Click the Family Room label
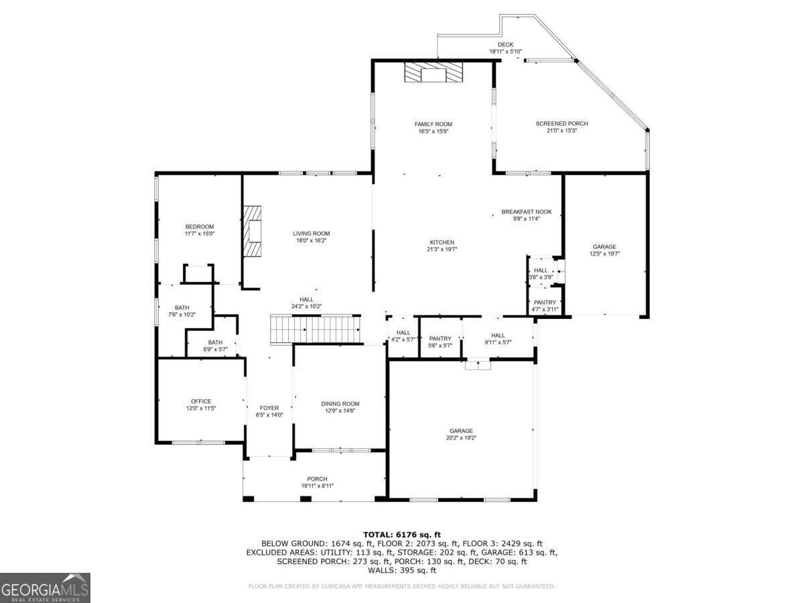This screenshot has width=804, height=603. [433, 124]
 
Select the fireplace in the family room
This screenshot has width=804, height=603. [433, 72]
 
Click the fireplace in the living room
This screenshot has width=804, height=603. [252, 230]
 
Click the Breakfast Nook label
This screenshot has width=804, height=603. [527, 212]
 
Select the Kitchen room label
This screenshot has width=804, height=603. [442, 242]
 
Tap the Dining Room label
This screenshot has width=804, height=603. [340, 403]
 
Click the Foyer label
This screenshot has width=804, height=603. [269, 407]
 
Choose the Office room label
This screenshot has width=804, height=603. [201, 401]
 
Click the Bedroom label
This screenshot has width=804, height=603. [200, 226]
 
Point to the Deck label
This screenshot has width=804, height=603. [505, 44]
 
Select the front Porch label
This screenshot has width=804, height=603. [317, 478]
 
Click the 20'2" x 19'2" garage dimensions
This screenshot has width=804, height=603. [461, 438]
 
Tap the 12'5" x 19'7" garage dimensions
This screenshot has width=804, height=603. [604, 254]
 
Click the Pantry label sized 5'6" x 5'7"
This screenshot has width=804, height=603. [440, 338]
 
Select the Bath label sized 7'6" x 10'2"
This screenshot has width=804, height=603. [182, 308]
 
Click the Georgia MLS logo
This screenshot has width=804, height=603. [45, 588]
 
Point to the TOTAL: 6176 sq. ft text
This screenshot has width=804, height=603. [401, 534]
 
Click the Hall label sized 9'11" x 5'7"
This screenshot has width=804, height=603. [498, 336]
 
